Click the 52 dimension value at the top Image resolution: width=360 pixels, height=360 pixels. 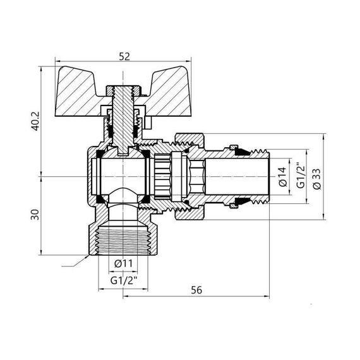point(123,56)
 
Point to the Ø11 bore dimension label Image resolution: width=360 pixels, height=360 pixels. point(123,263)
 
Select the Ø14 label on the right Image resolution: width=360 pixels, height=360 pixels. point(282,175)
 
